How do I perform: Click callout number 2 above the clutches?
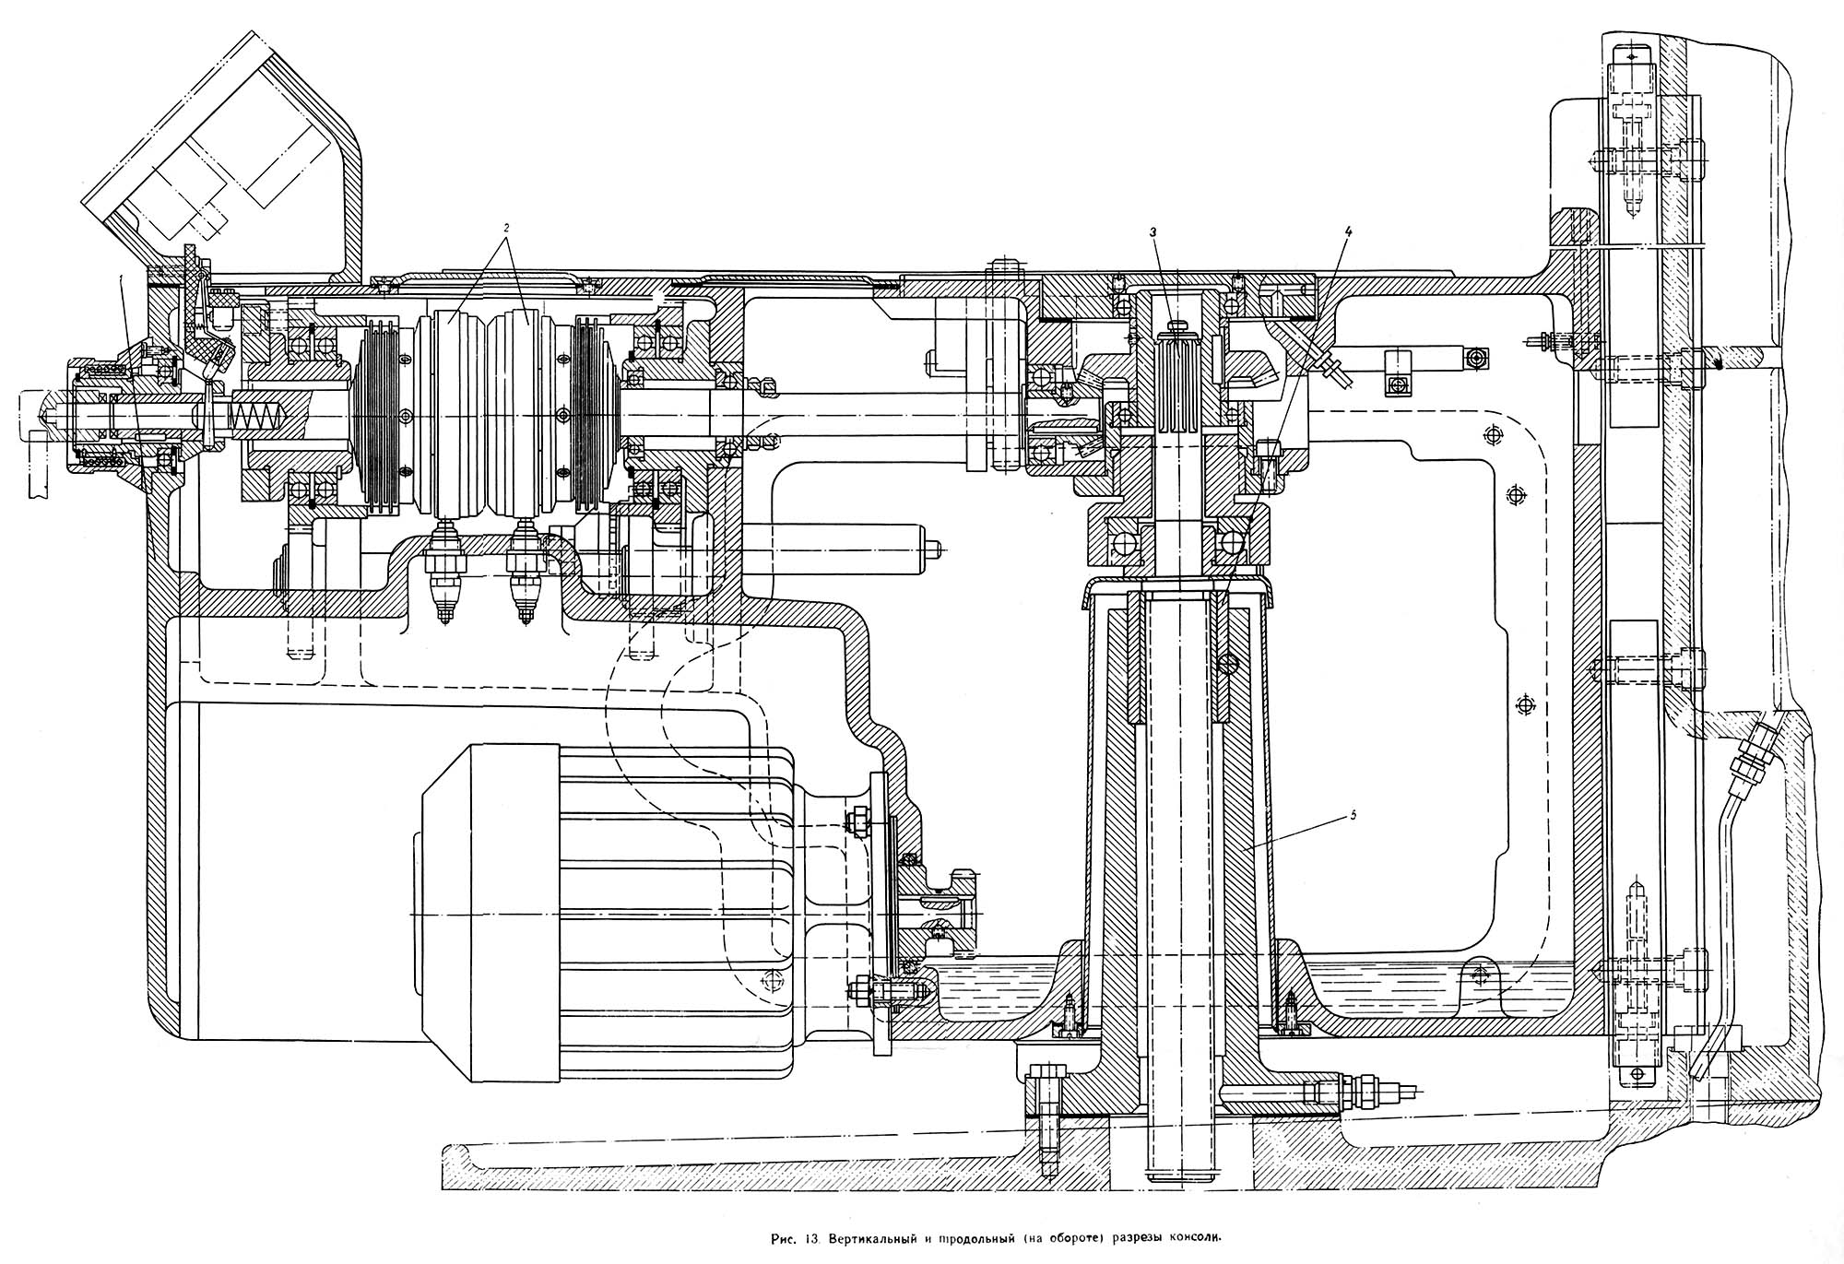coord(506,225)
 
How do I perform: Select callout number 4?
coord(1348,233)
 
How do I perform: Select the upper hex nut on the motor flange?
coord(857,819)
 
